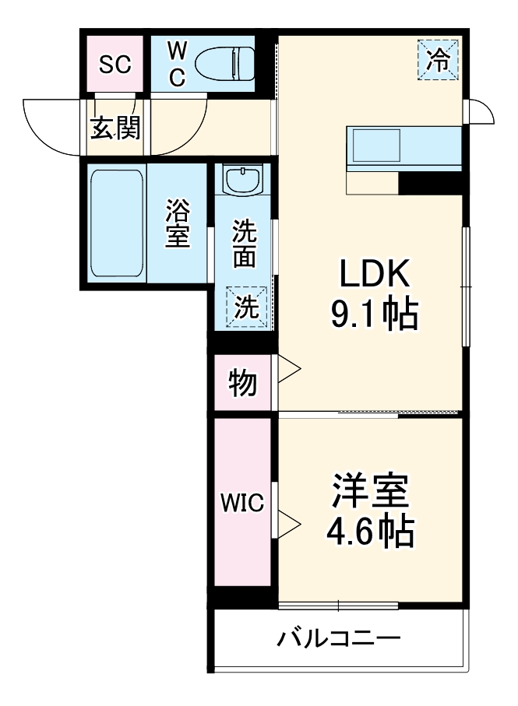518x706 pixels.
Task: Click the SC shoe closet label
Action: pos(114,64)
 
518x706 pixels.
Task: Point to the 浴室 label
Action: pos(178,224)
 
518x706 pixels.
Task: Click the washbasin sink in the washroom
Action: pos(244,181)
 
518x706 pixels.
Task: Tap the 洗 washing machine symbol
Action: pos(246,307)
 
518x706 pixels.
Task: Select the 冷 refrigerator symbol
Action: pos(440,59)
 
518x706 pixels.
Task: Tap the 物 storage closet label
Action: pos(242,383)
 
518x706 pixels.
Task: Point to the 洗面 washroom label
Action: pos(244,244)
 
